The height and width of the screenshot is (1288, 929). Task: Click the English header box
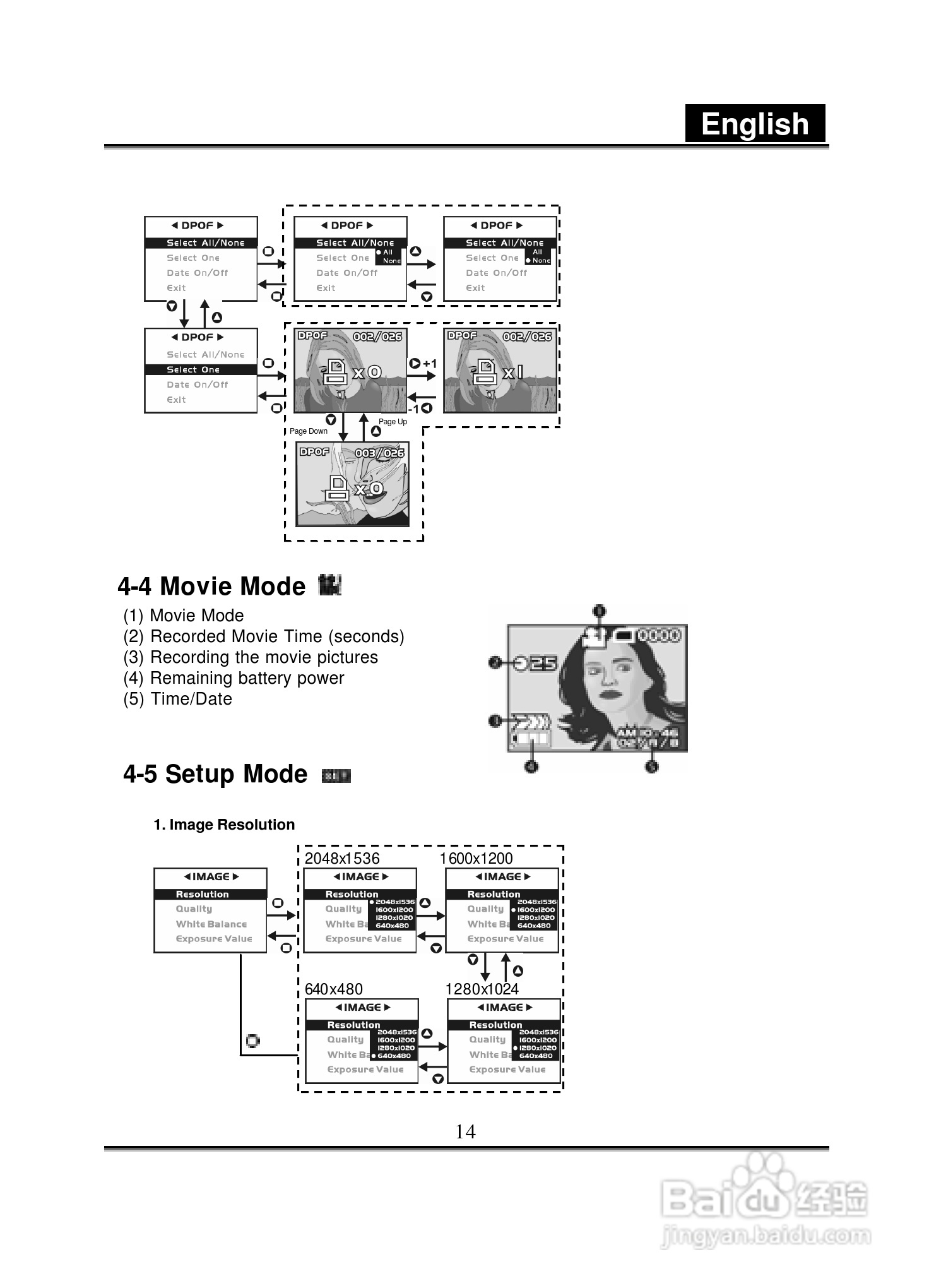click(x=755, y=124)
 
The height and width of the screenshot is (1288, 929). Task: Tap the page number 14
click(x=465, y=1131)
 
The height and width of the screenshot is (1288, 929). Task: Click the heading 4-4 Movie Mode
click(x=211, y=587)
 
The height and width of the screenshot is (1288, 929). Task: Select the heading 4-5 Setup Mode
click(x=215, y=774)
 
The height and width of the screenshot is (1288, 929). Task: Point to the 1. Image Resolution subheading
click(x=224, y=825)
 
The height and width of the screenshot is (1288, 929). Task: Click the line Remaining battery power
click(x=234, y=678)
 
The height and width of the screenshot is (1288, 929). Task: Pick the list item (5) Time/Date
click(x=178, y=699)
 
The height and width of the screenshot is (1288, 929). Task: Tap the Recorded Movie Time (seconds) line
click(x=264, y=636)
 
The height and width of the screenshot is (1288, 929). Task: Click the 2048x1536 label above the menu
click(x=342, y=859)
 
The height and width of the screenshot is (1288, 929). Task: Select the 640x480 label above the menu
click(x=334, y=989)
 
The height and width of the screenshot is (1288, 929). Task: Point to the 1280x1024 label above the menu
click(x=482, y=989)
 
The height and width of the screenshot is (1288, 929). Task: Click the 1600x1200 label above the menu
click(x=476, y=859)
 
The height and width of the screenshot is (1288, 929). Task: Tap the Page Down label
click(x=309, y=431)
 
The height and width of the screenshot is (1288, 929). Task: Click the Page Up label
click(x=393, y=422)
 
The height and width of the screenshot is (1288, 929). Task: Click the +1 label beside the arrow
click(x=430, y=364)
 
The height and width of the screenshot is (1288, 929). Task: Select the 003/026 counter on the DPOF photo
click(x=379, y=453)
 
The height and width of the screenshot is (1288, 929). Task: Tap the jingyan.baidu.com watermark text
click(x=766, y=1236)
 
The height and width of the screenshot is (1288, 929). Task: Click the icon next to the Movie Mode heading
click(x=329, y=585)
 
